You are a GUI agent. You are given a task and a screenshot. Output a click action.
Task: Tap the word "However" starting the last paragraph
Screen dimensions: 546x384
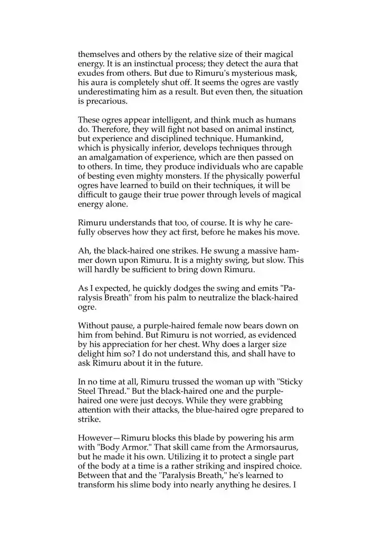click(95, 436)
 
